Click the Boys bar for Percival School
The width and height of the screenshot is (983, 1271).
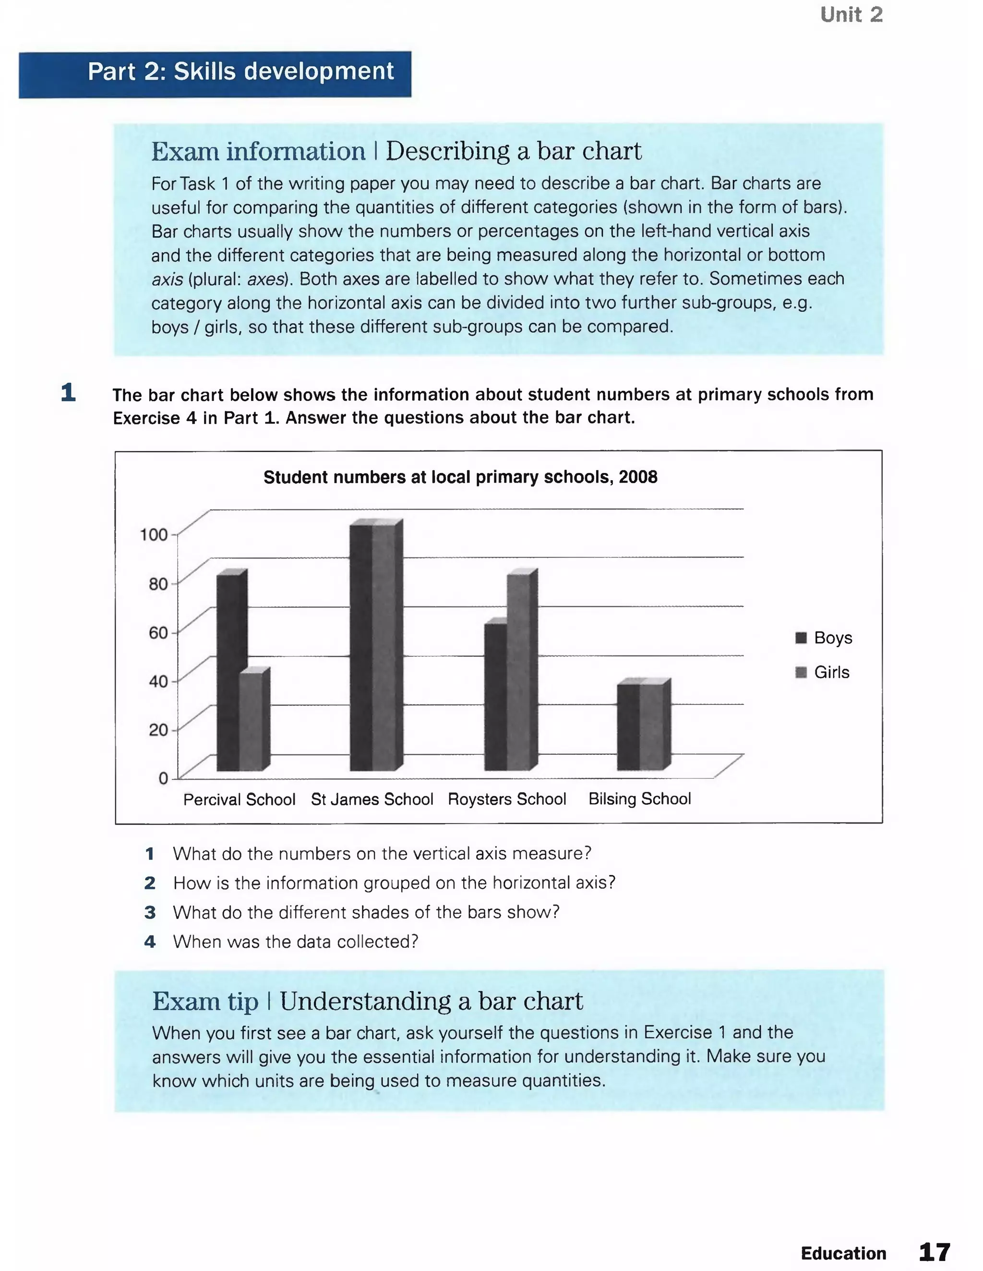(228, 672)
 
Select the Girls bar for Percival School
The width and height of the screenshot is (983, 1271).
(251, 722)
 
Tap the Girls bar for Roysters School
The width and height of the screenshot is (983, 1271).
(518, 672)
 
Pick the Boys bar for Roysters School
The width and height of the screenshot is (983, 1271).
(495, 697)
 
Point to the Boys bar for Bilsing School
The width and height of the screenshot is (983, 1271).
(628, 727)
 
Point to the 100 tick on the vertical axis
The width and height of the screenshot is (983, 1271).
(154, 534)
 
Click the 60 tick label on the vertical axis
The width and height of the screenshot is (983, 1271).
(158, 632)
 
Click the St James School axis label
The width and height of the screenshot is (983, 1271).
(372, 799)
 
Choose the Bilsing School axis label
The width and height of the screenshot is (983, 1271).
(639, 799)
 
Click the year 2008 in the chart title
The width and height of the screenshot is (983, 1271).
(638, 477)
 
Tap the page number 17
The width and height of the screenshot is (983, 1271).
(935, 1252)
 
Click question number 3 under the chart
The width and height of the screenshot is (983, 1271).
(150, 912)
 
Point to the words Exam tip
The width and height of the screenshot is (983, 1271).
(205, 1001)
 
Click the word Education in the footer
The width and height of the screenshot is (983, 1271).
(843, 1253)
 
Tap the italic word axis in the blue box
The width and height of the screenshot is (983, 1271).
(167, 279)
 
